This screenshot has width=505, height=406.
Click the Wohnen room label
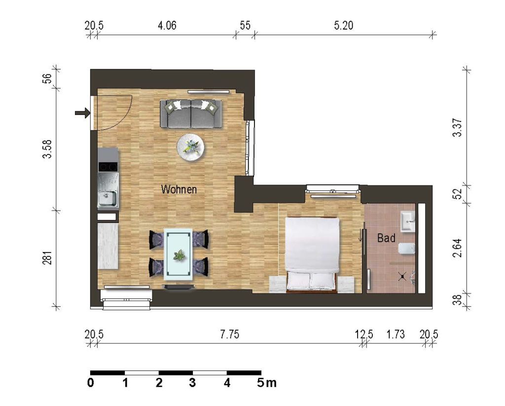179,189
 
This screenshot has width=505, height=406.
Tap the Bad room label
386,238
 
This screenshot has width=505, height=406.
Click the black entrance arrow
82,113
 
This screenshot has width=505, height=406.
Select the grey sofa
191,114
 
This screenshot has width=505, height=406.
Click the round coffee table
190,147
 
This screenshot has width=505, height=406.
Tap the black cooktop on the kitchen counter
108,167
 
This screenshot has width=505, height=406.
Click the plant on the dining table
178,256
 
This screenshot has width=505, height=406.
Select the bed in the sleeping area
312,255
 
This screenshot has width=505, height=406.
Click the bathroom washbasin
408,221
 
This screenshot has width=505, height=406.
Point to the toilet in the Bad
407,249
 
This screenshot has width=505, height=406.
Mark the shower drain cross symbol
402,276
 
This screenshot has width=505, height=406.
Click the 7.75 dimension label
230,334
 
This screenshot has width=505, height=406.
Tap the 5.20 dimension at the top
344,25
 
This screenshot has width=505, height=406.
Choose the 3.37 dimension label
457,128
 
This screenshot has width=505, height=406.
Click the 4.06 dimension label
167,25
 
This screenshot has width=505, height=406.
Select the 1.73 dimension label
396,334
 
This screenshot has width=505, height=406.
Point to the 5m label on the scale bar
267,383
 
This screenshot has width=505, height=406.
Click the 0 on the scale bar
91,383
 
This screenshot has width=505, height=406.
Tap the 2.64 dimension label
457,248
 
